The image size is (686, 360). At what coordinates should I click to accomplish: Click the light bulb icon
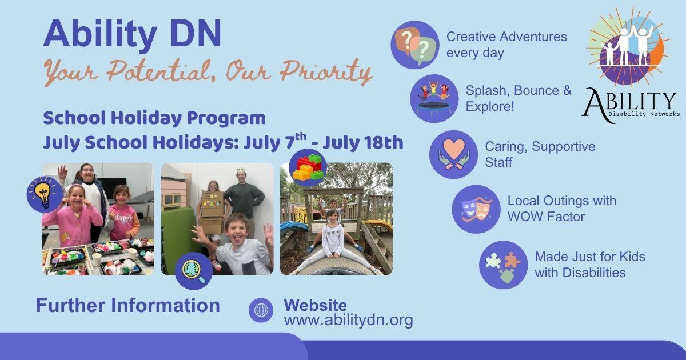point(45,194)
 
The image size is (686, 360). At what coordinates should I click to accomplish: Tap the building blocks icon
point(308,168)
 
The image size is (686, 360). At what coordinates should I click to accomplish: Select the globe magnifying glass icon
point(194,271)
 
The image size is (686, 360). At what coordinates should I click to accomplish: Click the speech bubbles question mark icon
point(415,45)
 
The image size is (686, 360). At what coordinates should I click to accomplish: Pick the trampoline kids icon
point(434,98)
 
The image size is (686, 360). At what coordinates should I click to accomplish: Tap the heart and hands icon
point(453,155)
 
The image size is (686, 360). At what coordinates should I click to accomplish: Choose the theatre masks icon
point(476,209)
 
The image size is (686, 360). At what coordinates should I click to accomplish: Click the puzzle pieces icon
point(504,265)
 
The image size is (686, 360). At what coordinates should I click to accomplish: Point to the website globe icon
point(261,310)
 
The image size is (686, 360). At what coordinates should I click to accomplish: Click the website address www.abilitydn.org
point(349,320)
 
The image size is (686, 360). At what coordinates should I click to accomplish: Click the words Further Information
point(128,305)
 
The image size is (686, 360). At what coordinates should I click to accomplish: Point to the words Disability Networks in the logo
point(644,114)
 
